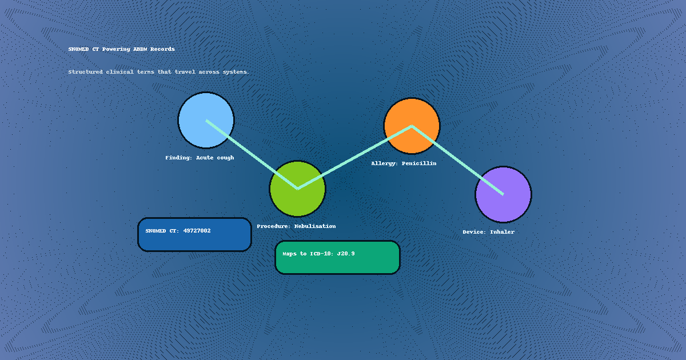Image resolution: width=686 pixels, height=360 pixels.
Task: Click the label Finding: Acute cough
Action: point(200,158)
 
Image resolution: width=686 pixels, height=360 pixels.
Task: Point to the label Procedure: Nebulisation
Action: point(296,226)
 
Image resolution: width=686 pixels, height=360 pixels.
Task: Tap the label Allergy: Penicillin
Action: point(404,163)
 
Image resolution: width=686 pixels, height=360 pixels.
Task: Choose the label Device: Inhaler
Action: point(488,232)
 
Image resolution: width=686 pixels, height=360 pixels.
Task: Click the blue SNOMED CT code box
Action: point(194,240)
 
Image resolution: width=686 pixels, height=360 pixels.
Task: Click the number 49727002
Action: point(197,231)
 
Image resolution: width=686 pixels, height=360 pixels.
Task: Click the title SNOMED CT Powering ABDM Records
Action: point(121,49)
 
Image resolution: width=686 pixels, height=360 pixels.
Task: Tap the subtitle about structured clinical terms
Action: point(158,72)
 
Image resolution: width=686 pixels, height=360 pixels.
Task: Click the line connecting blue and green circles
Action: point(252,154)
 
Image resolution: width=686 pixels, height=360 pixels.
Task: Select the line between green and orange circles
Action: point(354,157)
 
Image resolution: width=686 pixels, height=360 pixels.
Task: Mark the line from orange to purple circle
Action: point(457,160)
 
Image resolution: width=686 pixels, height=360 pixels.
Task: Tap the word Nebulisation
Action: point(315,226)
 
